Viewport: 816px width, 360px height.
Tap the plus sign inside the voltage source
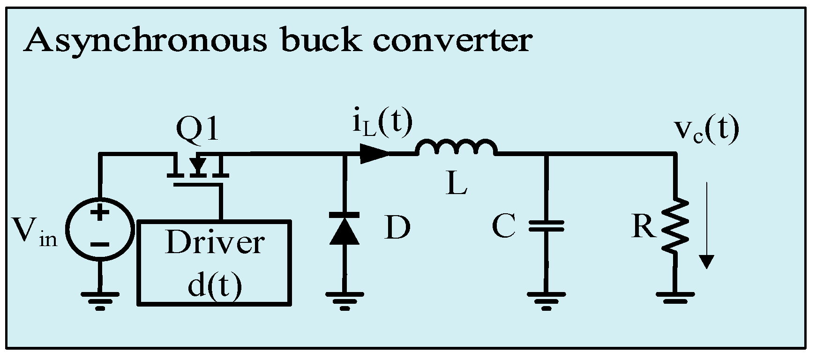[99, 214]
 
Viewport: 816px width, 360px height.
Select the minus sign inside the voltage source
[99, 244]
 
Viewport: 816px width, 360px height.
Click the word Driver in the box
[214, 243]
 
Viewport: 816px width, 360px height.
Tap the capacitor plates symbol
[546, 226]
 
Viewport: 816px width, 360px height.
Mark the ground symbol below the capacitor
[546, 300]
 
